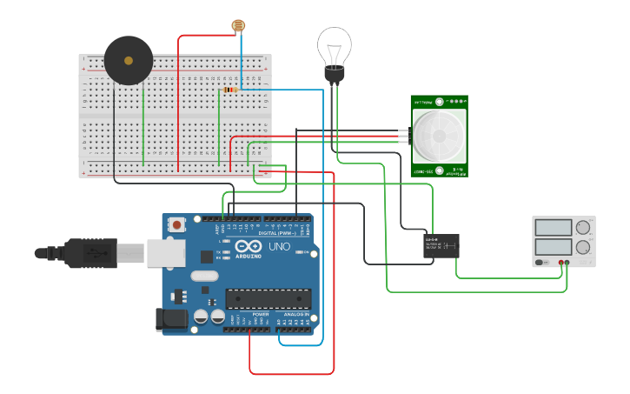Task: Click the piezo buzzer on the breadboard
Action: pyautogui.click(x=129, y=61)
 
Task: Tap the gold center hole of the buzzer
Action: pyautogui.click(x=129, y=61)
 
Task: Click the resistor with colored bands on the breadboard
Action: pyautogui.click(x=229, y=90)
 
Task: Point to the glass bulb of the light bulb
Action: pyautogui.click(x=334, y=43)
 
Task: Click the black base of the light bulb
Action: pyautogui.click(x=334, y=74)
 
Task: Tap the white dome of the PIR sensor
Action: pyautogui.click(x=439, y=136)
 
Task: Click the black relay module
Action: pyautogui.click(x=441, y=245)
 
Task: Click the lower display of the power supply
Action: pyautogui.click(x=554, y=247)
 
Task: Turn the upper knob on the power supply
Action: pyautogui.click(x=583, y=228)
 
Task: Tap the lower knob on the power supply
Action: pyautogui.click(x=583, y=247)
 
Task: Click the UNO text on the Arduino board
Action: pyautogui.click(x=279, y=247)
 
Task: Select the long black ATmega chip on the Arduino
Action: pyautogui.click(x=268, y=298)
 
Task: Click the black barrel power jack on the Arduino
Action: pyautogui.click(x=171, y=319)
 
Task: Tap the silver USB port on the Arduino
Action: pyautogui.click(x=165, y=253)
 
